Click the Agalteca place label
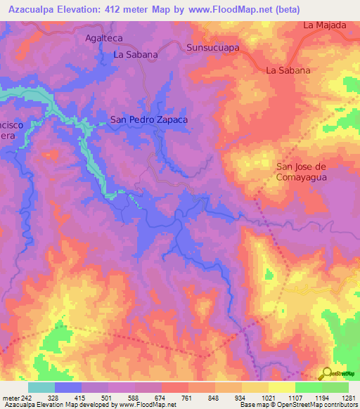[104, 39]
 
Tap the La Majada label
[325, 25]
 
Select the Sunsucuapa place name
[213, 48]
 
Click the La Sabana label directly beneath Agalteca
[136, 53]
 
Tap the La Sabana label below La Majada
[288, 70]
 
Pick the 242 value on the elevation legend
[28, 398]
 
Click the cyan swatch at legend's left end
[41, 387]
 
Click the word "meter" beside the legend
[11, 398]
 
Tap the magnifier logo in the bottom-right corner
[328, 375]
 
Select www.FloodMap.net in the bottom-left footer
[147, 405]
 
